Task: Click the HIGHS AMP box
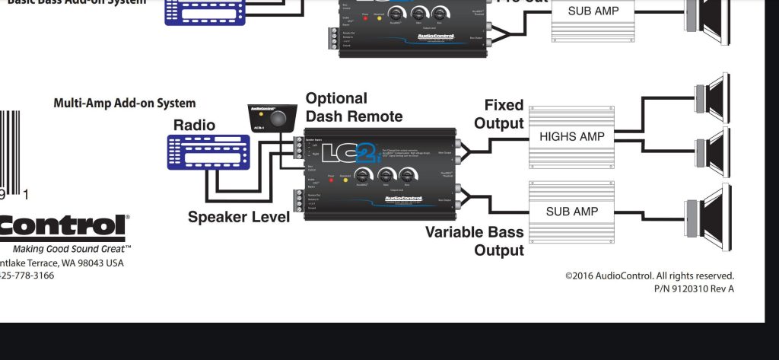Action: tap(571, 137)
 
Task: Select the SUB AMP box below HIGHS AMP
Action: tap(571, 212)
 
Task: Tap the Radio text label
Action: tap(194, 126)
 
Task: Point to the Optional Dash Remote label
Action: tap(353, 107)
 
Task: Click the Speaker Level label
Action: tap(239, 218)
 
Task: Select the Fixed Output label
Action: tap(504, 114)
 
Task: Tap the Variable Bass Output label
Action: tap(475, 241)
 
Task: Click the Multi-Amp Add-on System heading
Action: tap(124, 103)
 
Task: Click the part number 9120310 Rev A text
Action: tap(694, 288)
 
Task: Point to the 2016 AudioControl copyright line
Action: tap(649, 276)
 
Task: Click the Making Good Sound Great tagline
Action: tap(72, 249)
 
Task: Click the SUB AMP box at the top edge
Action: tap(593, 11)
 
